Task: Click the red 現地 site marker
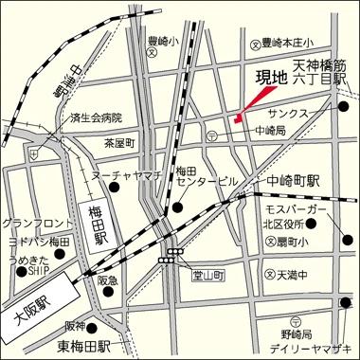[238, 118]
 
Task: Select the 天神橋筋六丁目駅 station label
[319, 75]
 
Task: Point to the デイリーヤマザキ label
[312, 345]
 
